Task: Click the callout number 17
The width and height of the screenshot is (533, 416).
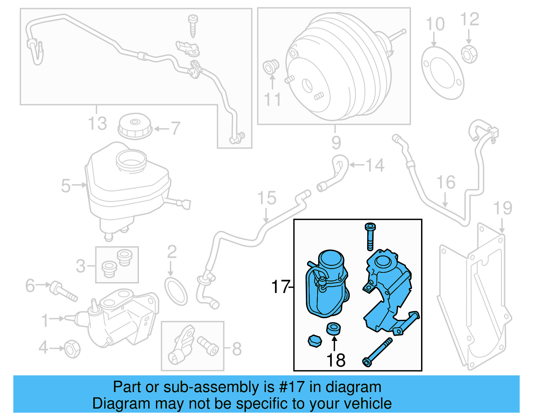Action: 280,287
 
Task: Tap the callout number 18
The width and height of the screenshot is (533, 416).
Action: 336,360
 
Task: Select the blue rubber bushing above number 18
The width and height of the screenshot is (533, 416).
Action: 333,328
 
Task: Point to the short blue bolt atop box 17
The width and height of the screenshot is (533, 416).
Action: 370,236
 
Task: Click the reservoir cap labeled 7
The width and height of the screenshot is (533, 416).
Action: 135,126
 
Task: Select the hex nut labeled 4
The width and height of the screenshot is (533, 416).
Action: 72,349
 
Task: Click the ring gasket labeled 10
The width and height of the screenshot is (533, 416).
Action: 442,73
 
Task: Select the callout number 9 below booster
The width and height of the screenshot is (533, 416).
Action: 336,143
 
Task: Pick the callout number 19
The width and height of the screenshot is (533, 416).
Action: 502,208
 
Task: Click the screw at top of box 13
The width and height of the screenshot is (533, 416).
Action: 193,25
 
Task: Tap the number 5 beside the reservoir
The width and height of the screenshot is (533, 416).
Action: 66,186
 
